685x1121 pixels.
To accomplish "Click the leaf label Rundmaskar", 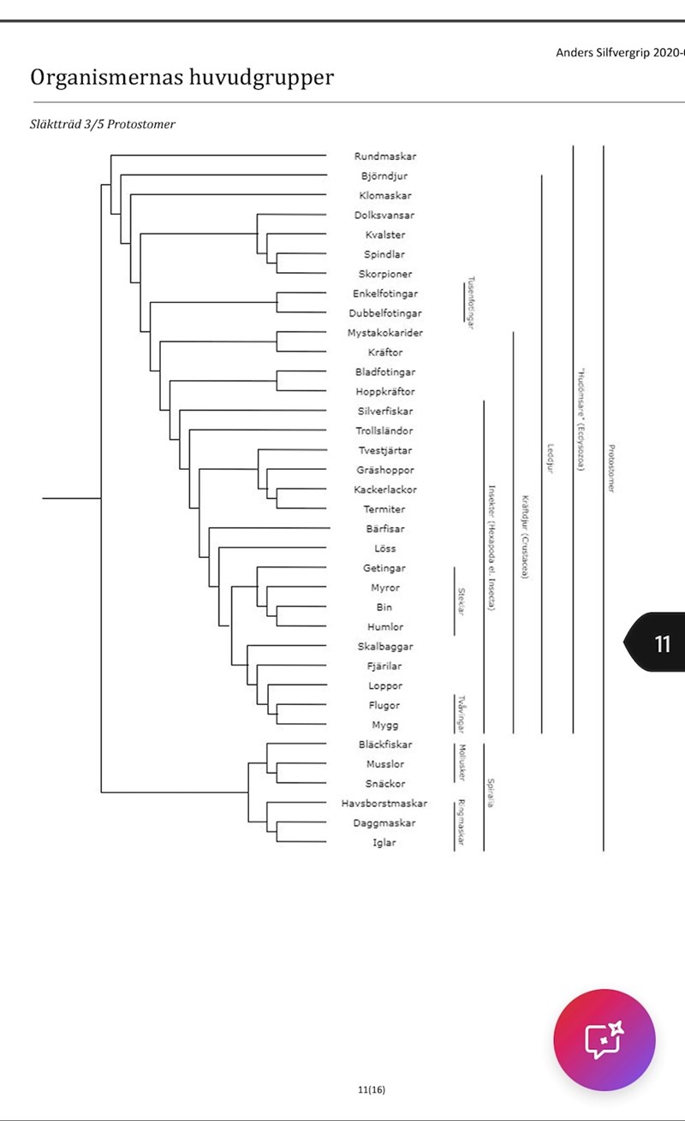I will (384, 157).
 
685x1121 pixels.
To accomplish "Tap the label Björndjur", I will (384, 176).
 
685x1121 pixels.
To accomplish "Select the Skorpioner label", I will (384, 274).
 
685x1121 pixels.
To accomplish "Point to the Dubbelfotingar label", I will (384, 313).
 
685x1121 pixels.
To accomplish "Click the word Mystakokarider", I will (384, 333).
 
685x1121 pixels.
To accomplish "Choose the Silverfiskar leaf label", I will (384, 412).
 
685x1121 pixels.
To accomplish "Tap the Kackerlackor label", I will (384, 489).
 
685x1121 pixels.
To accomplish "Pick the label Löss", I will (384, 549).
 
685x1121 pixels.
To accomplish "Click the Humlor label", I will (384, 627).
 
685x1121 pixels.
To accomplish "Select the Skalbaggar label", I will (384, 646).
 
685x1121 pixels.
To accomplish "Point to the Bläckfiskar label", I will (384, 744).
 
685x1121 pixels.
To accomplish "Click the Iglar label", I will (384, 843).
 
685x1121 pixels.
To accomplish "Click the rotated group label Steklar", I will (461, 601).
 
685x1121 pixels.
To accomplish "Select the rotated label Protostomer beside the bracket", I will (610, 468).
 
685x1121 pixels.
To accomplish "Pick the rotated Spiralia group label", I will (491, 793).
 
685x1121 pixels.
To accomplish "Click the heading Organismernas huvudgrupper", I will (182, 78).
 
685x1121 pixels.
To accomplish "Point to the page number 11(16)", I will (372, 1089).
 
